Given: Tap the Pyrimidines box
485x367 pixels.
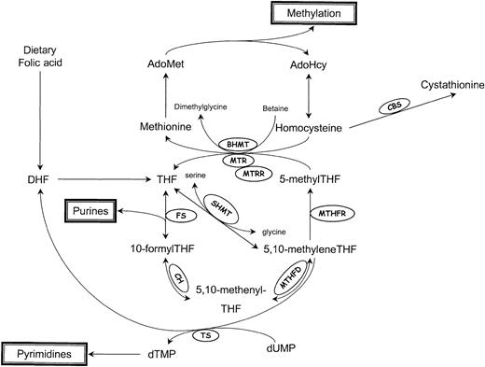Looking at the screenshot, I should [40, 355].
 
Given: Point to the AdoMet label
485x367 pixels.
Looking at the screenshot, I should [165, 64].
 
